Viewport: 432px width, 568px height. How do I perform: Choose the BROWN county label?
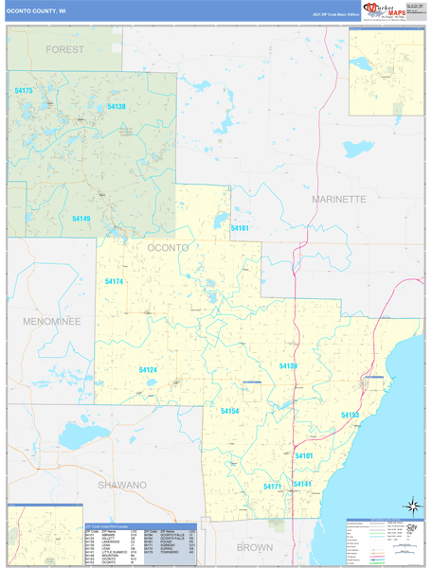click(x=254, y=547)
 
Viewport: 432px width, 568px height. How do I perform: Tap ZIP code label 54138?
click(x=116, y=107)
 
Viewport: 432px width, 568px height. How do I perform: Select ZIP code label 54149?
click(x=81, y=219)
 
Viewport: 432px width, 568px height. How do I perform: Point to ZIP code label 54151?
click(x=239, y=228)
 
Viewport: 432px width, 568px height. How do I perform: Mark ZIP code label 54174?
click(x=114, y=282)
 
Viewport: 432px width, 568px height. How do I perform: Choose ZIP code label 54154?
click(x=230, y=411)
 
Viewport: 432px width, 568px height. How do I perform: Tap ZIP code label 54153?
click(x=351, y=415)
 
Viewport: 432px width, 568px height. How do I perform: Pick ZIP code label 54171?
click(x=273, y=486)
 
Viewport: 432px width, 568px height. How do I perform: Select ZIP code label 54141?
click(x=303, y=484)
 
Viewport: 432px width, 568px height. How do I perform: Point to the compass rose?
click(x=412, y=506)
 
